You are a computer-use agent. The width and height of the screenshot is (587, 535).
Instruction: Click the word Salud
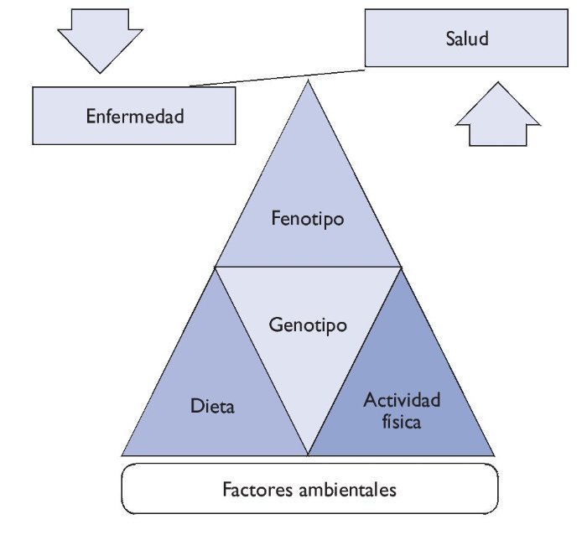[467, 39]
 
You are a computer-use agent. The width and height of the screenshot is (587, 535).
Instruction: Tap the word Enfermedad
[134, 116]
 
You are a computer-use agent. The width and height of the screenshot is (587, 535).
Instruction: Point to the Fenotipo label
[309, 219]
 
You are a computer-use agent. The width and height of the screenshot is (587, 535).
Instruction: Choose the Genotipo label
[309, 324]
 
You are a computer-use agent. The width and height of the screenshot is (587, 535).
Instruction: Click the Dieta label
[213, 408]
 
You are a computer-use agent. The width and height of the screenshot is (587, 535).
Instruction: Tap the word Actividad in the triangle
[402, 400]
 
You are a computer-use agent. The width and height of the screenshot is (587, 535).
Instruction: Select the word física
[401, 421]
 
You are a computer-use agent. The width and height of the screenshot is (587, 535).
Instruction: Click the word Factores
[257, 488]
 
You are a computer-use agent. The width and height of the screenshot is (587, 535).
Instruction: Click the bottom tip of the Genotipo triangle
[309, 454]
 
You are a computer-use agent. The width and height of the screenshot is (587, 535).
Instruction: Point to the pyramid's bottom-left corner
[122, 454]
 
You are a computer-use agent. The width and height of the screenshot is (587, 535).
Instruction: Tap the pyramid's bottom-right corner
[494, 454]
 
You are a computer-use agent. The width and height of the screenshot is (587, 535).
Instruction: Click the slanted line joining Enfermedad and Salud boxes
[277, 76]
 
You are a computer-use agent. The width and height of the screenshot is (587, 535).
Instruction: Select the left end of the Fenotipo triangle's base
[216, 267]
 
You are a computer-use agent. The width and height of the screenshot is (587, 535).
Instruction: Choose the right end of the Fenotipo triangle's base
[402, 267]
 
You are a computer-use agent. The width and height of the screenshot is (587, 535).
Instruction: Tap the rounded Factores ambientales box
[307, 488]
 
